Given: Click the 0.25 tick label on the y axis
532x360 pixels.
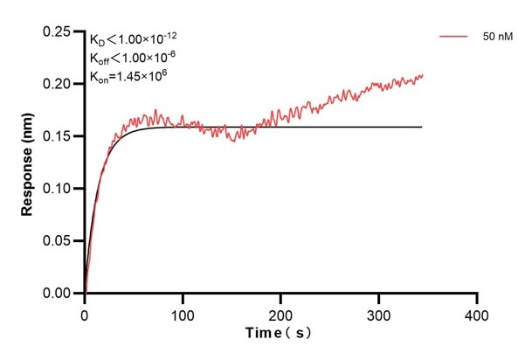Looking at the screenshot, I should click(x=57, y=31).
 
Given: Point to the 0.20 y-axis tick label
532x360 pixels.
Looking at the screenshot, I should click(x=57, y=84).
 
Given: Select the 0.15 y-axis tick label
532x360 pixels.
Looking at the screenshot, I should click(x=57, y=136).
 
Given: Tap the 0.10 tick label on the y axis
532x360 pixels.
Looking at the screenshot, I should click(x=57, y=189).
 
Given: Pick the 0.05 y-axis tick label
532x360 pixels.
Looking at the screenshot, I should click(x=57, y=241).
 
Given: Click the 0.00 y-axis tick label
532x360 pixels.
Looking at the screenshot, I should click(x=57, y=294).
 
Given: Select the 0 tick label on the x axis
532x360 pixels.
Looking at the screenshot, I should click(x=84, y=313).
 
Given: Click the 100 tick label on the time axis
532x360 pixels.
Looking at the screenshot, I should click(x=183, y=313).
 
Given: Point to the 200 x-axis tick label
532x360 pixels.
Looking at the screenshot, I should click(x=280, y=313).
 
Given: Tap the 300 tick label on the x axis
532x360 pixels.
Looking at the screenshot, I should click(x=378, y=313).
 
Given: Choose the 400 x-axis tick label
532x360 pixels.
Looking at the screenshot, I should click(x=477, y=313).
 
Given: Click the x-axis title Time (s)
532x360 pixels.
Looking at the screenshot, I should click(x=277, y=334).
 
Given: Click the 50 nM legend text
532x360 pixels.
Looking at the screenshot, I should click(x=498, y=37).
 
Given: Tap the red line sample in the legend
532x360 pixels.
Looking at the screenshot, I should click(x=456, y=37).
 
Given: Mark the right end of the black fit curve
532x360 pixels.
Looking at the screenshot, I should click(x=422, y=127).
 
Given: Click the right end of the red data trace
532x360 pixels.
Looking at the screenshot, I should click(x=423, y=75).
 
